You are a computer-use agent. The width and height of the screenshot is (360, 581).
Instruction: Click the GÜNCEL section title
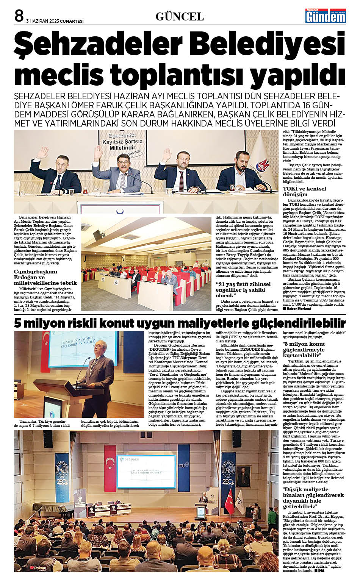pos(180,17)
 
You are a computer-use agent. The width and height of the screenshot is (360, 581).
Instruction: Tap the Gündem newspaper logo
pos(326,16)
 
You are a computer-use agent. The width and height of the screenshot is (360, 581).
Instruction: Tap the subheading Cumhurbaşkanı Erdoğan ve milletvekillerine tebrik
pos(45,277)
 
